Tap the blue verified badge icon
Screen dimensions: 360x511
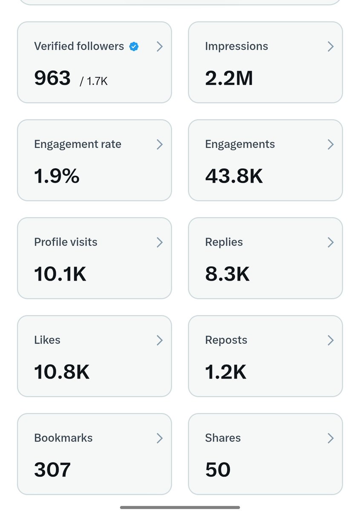134,46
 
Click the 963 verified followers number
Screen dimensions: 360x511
52,78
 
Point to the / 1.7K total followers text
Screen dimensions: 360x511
94,81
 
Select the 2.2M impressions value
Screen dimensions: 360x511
229,78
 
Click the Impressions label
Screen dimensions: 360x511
236,46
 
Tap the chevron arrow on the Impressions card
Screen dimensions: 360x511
331,46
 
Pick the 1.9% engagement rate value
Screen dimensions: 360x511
57,176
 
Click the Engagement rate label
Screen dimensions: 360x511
78,144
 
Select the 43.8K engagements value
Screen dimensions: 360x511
234,176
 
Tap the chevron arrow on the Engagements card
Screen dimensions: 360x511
331,144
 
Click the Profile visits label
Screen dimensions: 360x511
66,242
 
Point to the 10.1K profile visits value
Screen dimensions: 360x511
60,274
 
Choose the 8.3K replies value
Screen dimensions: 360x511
227,274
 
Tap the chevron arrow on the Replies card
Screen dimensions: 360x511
331,242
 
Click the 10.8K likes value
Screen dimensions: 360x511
62,372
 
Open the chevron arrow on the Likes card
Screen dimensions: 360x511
160,340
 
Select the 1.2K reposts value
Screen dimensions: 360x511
225,372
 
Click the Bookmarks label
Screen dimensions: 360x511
63,438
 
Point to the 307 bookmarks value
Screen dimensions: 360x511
52,469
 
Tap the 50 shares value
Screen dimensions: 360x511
218,469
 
